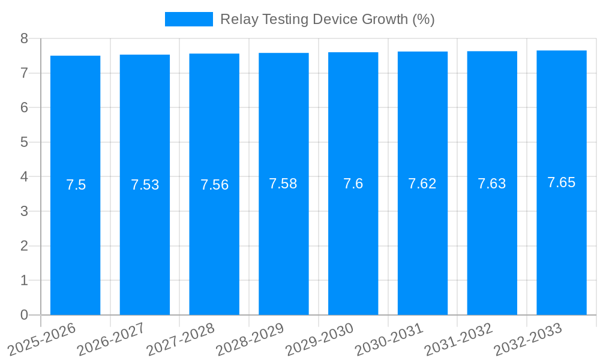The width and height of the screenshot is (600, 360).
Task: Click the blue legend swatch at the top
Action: click(x=188, y=19)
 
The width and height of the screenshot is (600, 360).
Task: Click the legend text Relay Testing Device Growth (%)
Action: click(x=327, y=19)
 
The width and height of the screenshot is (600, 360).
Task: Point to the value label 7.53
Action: click(x=145, y=185)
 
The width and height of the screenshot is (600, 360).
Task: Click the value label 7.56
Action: click(x=214, y=185)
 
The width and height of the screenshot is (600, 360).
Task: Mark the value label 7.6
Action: click(x=353, y=184)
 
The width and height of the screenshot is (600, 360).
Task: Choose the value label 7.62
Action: click(x=422, y=184)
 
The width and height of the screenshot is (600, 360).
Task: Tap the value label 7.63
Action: click(x=492, y=184)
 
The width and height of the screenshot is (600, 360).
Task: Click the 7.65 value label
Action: click(x=562, y=182)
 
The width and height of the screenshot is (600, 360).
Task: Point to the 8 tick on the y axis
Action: click(x=25, y=38)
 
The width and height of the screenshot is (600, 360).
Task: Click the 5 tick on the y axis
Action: click(x=25, y=142)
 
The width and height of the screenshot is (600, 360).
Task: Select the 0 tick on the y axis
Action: click(x=25, y=315)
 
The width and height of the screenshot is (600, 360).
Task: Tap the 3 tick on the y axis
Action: click(x=25, y=211)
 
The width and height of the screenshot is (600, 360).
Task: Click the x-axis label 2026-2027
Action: click(x=111, y=338)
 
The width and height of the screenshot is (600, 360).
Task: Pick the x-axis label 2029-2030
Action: click(x=319, y=338)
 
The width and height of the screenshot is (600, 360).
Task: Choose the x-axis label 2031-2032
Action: click(x=458, y=338)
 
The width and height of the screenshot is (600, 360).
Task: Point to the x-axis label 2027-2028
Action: click(x=181, y=338)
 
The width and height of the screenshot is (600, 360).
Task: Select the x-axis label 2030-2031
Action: click(x=389, y=338)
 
